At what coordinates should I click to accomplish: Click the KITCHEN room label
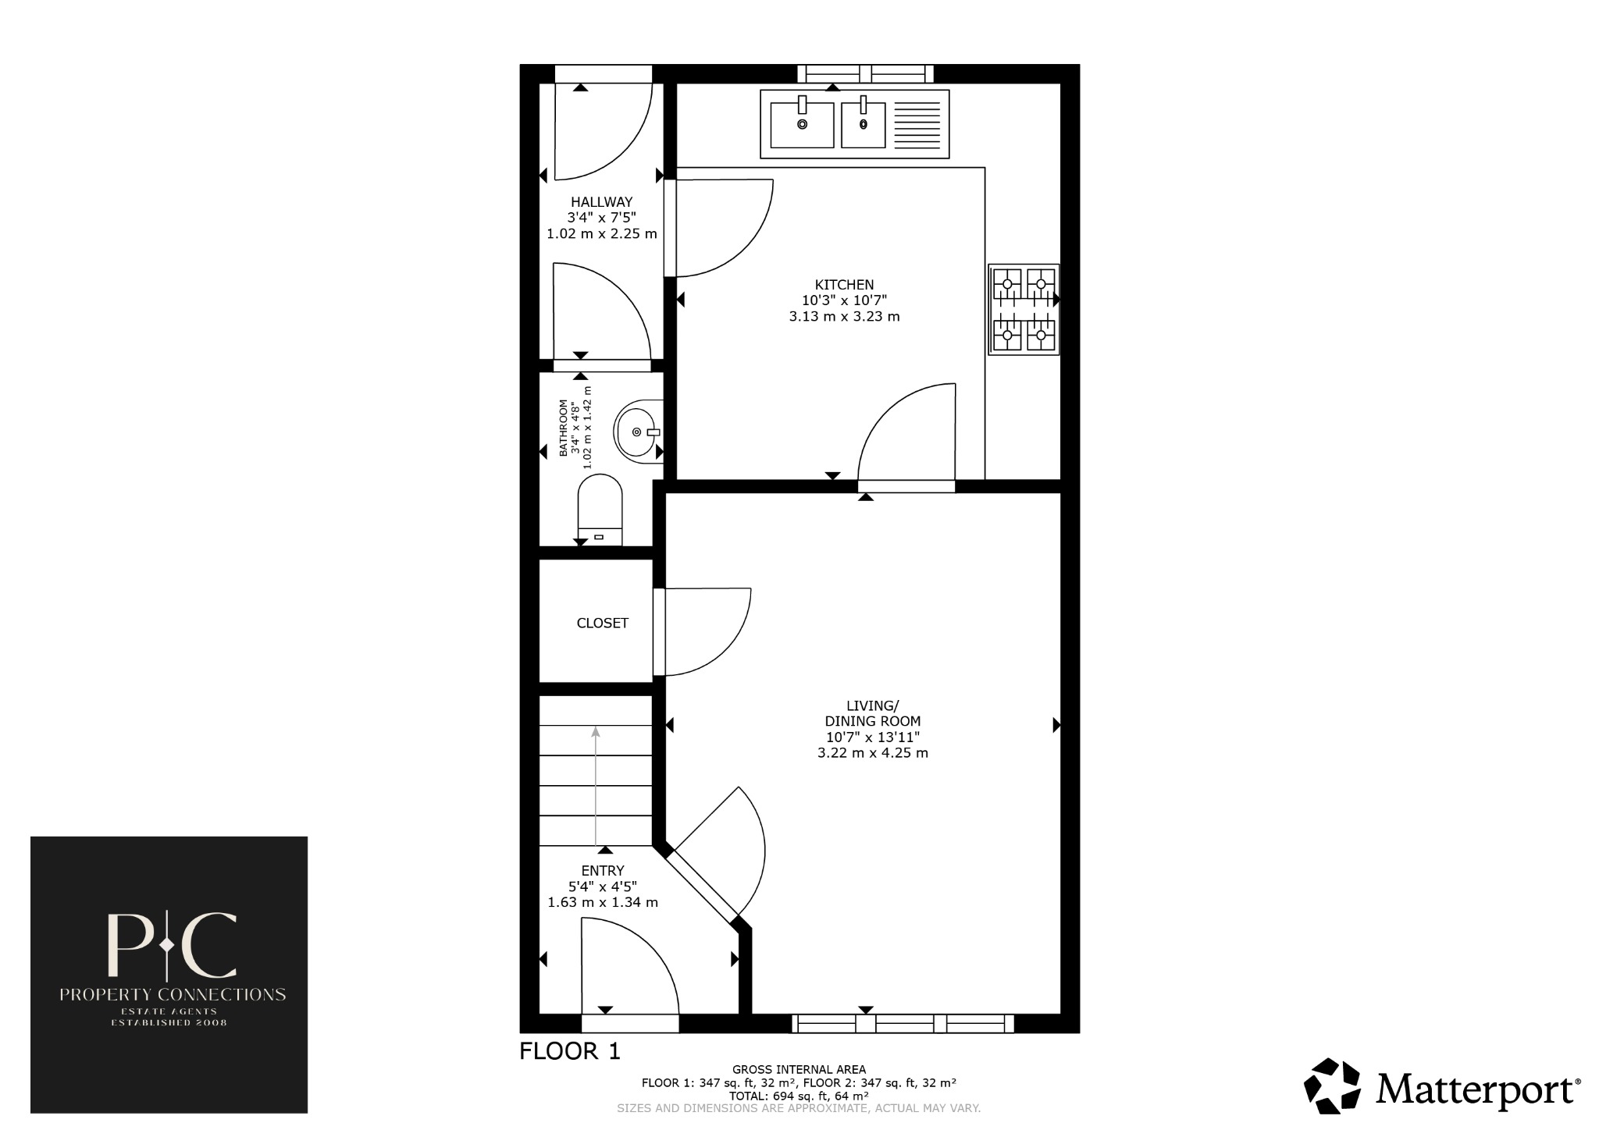844,285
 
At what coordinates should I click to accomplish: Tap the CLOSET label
602,623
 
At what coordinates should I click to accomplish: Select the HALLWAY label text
601,202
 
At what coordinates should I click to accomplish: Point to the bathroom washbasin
638,432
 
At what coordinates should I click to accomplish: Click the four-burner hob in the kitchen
1024,309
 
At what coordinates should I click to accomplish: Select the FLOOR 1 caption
570,1051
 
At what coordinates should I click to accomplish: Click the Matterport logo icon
1334,1086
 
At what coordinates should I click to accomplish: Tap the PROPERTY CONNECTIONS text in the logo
173,994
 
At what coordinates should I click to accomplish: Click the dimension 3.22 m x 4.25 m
872,753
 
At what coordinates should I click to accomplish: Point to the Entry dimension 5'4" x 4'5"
602,887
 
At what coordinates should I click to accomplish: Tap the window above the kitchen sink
865,74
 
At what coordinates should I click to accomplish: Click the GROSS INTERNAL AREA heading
799,1069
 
